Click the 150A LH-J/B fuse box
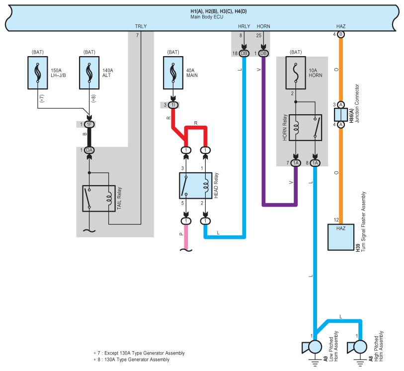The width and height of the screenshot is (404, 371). click(x=38, y=73)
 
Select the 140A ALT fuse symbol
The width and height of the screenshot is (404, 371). click(x=89, y=73)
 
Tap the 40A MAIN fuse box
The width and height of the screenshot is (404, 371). click(x=173, y=73)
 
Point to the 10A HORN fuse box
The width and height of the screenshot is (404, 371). click(x=296, y=73)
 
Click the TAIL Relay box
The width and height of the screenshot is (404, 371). click(x=99, y=199)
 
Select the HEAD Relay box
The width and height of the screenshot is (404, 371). click(x=196, y=185)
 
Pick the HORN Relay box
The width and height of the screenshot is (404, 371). click(x=305, y=128)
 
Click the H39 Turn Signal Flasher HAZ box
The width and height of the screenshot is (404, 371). click(x=340, y=237)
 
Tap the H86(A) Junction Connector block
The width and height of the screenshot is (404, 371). click(x=341, y=115)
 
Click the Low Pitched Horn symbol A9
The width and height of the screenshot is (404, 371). click(x=312, y=347)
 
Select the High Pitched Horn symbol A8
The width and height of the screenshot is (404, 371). click(x=357, y=347)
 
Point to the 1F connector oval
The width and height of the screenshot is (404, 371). click(x=89, y=124)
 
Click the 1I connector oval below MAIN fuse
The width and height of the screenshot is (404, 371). click(x=173, y=105)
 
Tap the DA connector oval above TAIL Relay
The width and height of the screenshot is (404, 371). click(x=89, y=150)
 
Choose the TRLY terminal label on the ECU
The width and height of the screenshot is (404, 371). click(x=141, y=26)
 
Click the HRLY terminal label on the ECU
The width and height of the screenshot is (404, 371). click(x=244, y=26)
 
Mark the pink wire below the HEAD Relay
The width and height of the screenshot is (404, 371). click(x=186, y=237)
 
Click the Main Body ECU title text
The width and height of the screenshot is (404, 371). click(x=207, y=17)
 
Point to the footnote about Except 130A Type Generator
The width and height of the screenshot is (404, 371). click(x=139, y=353)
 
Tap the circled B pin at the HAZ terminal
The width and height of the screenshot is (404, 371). click(x=341, y=34)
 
